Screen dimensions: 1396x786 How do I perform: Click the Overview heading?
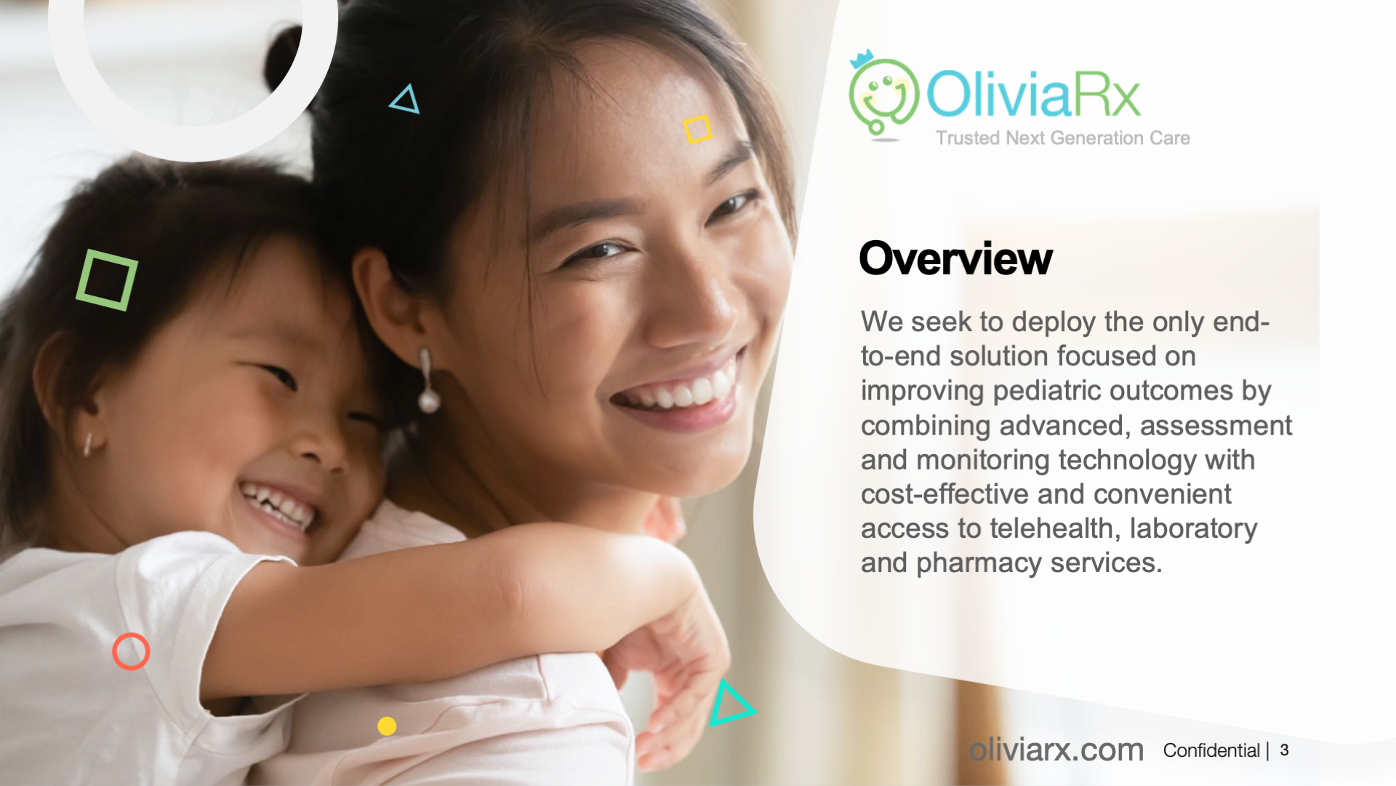(x=955, y=258)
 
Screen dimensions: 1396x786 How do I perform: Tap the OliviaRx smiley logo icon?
(x=883, y=94)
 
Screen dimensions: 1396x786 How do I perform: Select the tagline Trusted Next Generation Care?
(x=1062, y=138)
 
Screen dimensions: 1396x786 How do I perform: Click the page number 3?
(x=1285, y=750)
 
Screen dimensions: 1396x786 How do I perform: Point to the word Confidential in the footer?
(x=1211, y=750)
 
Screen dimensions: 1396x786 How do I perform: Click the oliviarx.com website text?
(x=1056, y=750)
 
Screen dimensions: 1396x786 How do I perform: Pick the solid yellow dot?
(x=387, y=726)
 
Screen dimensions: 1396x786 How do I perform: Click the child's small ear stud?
(x=87, y=443)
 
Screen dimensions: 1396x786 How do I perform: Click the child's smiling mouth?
(x=280, y=504)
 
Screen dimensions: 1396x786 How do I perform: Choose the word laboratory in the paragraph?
(x=1193, y=529)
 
